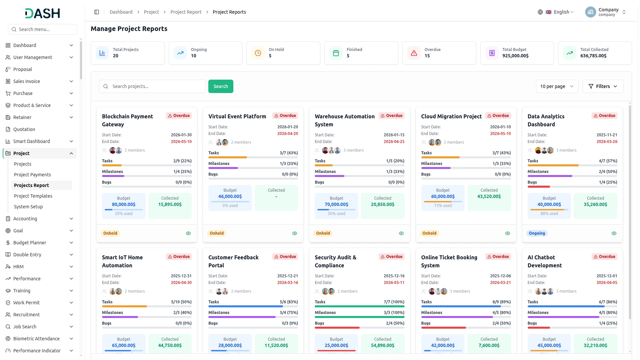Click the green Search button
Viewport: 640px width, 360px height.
pyautogui.click(x=221, y=86)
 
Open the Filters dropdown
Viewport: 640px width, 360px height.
pyautogui.click(x=603, y=86)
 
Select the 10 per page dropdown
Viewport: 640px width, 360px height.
pyautogui.click(x=557, y=86)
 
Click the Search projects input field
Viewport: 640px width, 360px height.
pyautogui.click(x=152, y=86)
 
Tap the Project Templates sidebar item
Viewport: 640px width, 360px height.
pyautogui.click(x=33, y=196)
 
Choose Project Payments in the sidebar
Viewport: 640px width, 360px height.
pyautogui.click(x=32, y=175)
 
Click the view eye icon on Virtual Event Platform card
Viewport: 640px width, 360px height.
pyautogui.click(x=295, y=233)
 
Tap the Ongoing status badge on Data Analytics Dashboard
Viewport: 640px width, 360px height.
pyautogui.click(x=537, y=233)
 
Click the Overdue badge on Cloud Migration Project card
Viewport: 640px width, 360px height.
pyautogui.click(x=498, y=116)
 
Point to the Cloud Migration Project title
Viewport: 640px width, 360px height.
pyautogui.click(x=451, y=116)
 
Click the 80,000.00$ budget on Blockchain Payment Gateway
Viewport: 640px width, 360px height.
pyautogui.click(x=124, y=204)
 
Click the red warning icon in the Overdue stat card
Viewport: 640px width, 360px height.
pyautogui.click(x=414, y=53)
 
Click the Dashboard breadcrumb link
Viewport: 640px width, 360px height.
pyautogui.click(x=121, y=12)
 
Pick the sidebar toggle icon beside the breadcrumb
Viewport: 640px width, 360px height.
pyautogui.click(x=97, y=12)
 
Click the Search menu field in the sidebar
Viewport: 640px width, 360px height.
pyautogui.click(x=43, y=29)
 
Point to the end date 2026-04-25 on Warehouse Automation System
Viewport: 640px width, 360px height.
pyautogui.click(x=394, y=142)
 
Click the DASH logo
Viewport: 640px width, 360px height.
pyautogui.click(x=42, y=13)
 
